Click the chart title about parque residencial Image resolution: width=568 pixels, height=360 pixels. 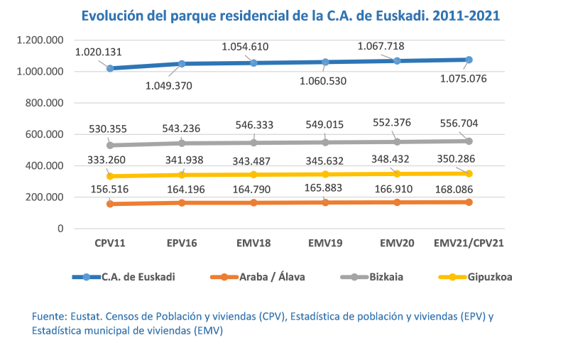point(290,15)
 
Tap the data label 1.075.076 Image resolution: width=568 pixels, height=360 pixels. point(462,79)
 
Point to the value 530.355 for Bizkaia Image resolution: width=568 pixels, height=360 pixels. point(110,129)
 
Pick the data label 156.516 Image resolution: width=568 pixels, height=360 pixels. point(110,190)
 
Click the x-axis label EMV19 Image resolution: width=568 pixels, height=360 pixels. point(325,243)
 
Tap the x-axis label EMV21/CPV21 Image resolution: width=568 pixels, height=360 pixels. point(469,243)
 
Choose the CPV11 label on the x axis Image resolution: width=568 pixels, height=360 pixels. point(110,243)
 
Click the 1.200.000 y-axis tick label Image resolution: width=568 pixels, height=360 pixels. point(38,40)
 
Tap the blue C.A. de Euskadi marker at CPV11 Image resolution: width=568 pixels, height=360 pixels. point(110,68)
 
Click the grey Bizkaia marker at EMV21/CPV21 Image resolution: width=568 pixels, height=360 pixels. point(469,141)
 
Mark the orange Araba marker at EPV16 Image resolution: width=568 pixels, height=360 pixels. point(182,203)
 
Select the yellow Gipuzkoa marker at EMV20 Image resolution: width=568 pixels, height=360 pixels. point(397,173)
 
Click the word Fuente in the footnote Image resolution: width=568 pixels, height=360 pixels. point(49,316)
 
